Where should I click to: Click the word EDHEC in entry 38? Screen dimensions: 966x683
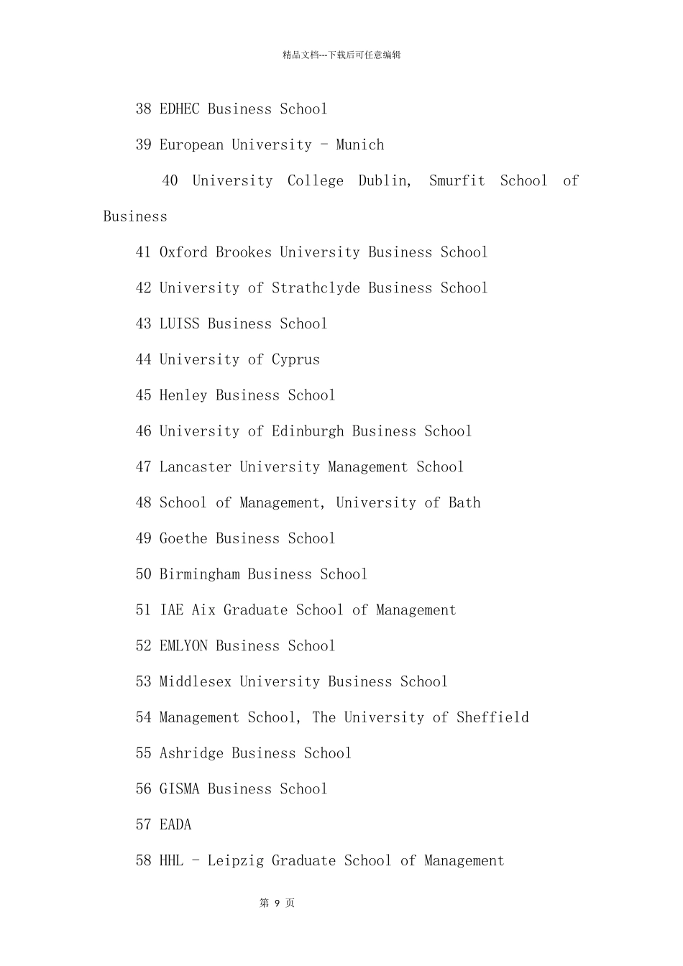click(179, 109)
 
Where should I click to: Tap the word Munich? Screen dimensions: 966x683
click(359, 145)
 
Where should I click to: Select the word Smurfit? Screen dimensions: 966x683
click(457, 181)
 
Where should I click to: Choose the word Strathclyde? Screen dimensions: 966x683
click(316, 288)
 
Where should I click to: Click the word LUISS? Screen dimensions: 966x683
click(179, 324)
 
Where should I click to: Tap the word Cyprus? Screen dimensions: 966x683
click(295, 360)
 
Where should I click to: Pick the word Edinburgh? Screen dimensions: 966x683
click(308, 431)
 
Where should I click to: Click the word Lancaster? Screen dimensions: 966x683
click(196, 467)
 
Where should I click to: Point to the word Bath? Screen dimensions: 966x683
click(464, 503)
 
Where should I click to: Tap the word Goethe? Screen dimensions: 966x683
click(183, 538)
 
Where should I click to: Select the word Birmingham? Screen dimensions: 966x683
click(200, 574)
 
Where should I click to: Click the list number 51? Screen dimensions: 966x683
click(144, 610)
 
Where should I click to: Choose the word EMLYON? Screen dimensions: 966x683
click(183, 646)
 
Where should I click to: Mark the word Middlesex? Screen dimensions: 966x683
click(196, 681)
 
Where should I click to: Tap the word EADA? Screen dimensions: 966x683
click(175, 825)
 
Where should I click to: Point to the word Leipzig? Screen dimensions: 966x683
click(236, 861)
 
